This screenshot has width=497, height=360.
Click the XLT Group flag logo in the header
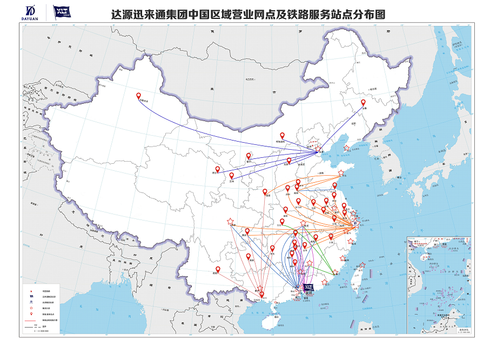pos(62,11)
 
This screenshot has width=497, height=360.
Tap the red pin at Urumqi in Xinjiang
pos(138,97)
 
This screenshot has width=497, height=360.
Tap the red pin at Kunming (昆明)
pos(218,269)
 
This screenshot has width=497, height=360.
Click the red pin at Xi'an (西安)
pos(265,191)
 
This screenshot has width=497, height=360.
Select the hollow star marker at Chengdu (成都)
pos(231,222)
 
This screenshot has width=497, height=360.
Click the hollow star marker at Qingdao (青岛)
pos(341,173)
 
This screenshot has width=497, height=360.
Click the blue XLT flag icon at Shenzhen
pos(308,287)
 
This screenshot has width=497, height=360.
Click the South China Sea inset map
pos(440,286)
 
